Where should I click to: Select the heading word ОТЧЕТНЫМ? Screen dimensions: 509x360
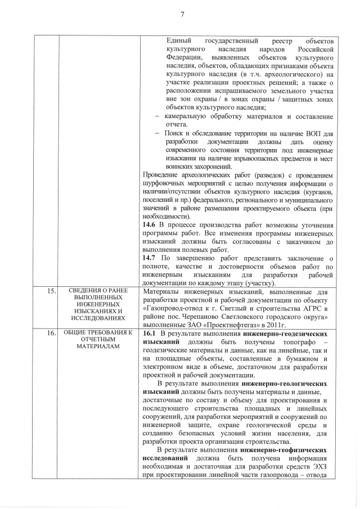94,339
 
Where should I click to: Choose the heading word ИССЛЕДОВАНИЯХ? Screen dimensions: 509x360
94,317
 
